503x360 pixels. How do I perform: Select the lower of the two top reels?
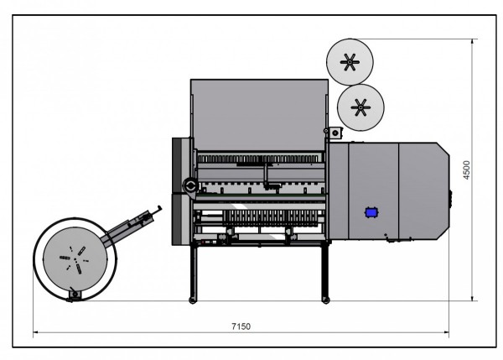click(x=361, y=106)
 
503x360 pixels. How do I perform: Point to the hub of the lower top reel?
click(x=361, y=106)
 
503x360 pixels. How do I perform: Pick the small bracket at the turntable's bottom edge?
click(x=73, y=294)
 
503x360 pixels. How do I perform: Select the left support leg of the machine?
click(x=194, y=272)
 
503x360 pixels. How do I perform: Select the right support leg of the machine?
click(x=324, y=272)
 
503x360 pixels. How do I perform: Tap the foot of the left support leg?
click(x=194, y=300)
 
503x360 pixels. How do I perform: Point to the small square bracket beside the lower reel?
click(x=334, y=132)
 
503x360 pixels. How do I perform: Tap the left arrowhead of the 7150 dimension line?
click(x=35, y=333)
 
